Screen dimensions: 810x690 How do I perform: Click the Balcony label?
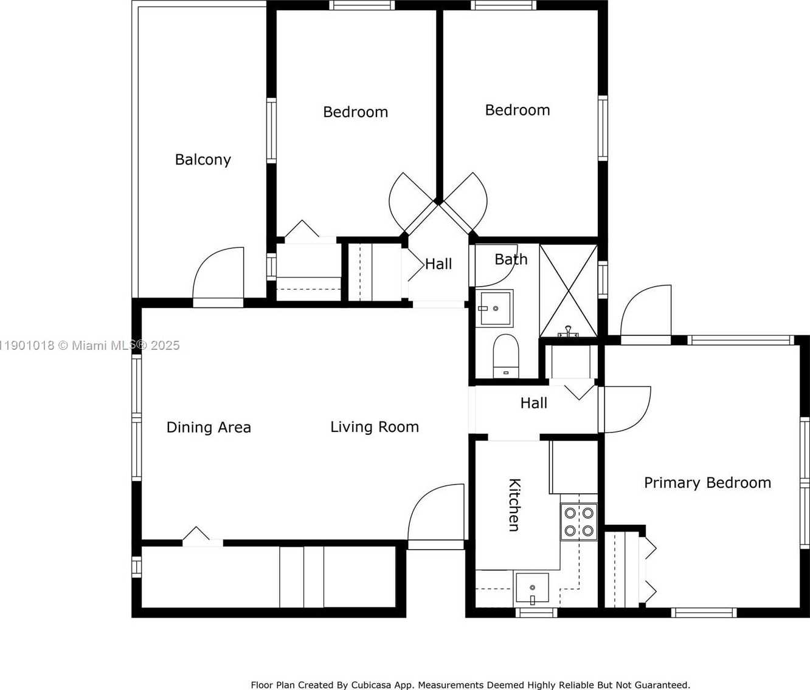pos(202,160)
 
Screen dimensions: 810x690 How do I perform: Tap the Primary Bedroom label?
pos(707,483)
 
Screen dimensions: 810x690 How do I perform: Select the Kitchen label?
pos(514,505)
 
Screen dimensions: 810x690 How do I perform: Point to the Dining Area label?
pos(209,427)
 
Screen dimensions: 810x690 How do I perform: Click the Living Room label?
pos(375,426)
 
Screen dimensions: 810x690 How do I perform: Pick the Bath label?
pos(511,259)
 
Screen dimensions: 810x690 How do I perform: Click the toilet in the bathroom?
pos(505,356)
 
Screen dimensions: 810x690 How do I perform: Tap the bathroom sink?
pos(494,309)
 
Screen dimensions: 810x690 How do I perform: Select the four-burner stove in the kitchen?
pos(579,522)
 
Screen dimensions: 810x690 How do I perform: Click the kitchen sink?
pos(532,587)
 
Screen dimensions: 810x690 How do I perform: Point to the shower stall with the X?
pos(569,291)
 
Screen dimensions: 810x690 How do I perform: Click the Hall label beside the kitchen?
pos(534,403)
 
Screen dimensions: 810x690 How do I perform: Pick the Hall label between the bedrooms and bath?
pos(438,264)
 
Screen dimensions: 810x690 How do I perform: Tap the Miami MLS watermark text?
pos(89,345)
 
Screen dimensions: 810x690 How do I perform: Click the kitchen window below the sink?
pos(536,612)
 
